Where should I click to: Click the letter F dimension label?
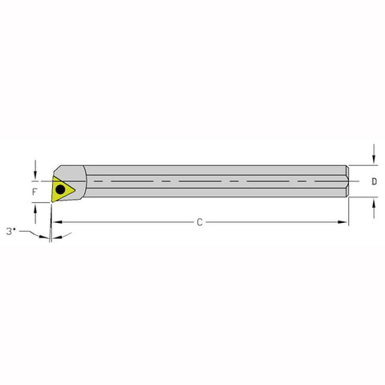tap(34, 192)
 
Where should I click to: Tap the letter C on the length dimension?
tap(199, 222)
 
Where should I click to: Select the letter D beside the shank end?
tap(375, 181)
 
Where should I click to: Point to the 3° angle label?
tap(10, 231)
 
